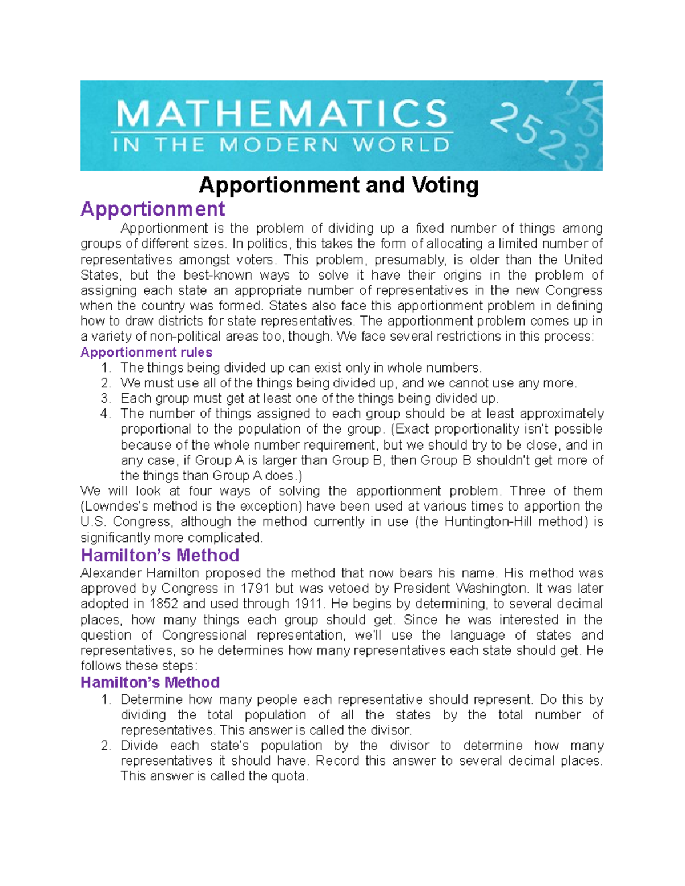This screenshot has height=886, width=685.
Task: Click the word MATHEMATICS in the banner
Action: click(282, 114)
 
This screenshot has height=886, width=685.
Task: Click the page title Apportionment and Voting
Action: click(339, 185)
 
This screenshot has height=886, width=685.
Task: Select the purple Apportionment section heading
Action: click(152, 209)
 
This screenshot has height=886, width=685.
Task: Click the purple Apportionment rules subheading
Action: click(146, 352)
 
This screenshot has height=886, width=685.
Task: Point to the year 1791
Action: click(255, 588)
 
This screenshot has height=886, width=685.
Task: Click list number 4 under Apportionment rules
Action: click(106, 414)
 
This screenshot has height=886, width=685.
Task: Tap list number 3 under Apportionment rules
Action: click(106, 398)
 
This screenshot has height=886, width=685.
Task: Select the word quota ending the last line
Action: click(288, 776)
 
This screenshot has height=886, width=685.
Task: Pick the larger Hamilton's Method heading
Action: click(160, 555)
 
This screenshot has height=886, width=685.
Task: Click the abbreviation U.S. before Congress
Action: click(93, 521)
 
